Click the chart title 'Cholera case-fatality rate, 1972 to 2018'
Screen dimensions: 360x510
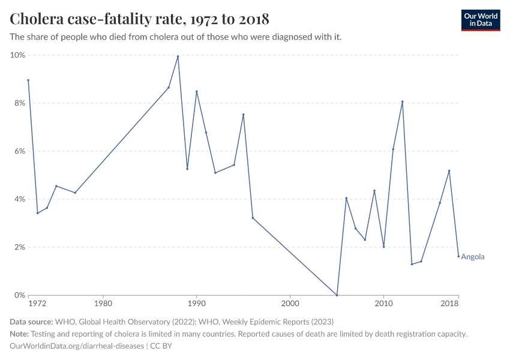pos(139,19)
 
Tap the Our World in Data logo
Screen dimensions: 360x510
pos(480,20)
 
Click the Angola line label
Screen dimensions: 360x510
pos(473,257)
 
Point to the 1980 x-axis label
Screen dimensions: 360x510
pos(103,305)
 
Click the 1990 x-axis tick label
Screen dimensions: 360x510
pos(196,305)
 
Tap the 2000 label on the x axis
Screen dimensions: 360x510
pos(290,305)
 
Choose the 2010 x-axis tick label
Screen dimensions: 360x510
pos(383,305)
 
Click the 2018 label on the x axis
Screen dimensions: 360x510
pos(450,305)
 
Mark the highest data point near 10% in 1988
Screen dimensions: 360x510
pos(178,56)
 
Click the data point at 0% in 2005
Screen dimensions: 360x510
pos(337,295)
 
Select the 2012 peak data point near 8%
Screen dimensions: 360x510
pos(402,101)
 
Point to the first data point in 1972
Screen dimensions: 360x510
pos(28,80)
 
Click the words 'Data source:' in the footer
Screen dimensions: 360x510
pos(32,322)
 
